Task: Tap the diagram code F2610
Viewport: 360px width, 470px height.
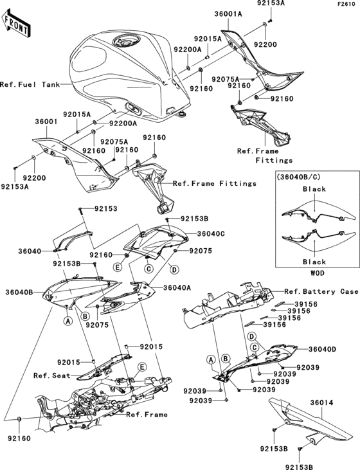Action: point(347,5)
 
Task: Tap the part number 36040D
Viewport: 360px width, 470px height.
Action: point(323,349)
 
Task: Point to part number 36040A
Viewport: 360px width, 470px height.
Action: point(177,288)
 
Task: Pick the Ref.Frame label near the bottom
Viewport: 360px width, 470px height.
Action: point(147,415)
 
